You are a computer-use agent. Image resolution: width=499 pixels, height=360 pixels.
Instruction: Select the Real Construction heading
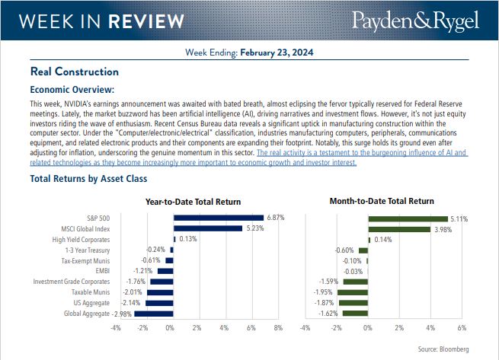(74, 72)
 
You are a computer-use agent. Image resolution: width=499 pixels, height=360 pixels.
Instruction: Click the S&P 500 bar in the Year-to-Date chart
(218, 218)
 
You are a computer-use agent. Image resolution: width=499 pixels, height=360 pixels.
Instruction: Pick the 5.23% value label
(254, 228)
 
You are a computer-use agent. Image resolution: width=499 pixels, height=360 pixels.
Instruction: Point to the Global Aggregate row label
(87, 314)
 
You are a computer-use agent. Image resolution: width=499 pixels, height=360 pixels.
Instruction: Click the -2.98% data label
(123, 314)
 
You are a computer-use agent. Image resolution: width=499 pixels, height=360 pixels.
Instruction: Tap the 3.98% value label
(443, 228)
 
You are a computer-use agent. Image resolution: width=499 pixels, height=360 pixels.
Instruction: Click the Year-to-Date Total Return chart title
(193, 202)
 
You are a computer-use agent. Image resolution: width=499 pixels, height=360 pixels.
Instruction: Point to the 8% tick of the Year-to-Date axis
(278, 328)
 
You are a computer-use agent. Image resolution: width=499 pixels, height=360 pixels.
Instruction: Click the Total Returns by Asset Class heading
(88, 179)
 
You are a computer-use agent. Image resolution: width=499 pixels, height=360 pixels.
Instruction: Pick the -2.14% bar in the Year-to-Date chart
(159, 303)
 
